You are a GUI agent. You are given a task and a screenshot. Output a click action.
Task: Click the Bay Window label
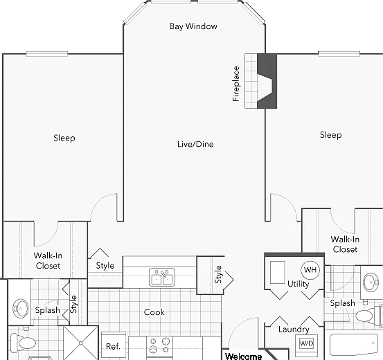pyautogui.click(x=193, y=26)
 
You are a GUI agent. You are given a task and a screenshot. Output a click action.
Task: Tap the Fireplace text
pyautogui.click(x=235, y=84)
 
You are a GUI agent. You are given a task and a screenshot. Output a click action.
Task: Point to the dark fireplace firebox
pyautogui.click(x=267, y=81)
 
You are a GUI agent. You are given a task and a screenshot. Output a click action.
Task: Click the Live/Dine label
pyautogui.click(x=195, y=144)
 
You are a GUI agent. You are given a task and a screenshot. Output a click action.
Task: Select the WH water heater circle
pyautogui.click(x=310, y=270)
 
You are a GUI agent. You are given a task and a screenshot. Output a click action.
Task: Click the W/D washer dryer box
pyautogui.click(x=306, y=343)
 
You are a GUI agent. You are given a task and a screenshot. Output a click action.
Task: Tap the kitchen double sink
pyautogui.click(x=162, y=277)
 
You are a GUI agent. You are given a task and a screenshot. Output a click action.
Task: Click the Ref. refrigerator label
pyautogui.click(x=113, y=346)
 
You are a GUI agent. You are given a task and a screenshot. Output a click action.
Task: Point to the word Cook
pyautogui.click(x=154, y=312)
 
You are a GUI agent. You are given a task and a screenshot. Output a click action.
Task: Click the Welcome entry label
pyautogui.click(x=244, y=357)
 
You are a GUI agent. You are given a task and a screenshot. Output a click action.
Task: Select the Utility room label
pyautogui.click(x=298, y=284)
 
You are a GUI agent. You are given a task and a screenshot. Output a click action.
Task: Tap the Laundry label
pyautogui.click(x=294, y=330)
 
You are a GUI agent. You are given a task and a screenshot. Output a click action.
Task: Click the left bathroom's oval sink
pyautogui.click(x=21, y=309)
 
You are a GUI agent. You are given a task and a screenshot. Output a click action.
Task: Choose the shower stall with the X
pyautogui.click(x=81, y=343)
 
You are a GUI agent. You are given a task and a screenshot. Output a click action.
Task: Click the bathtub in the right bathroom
pyautogui.click(x=354, y=344)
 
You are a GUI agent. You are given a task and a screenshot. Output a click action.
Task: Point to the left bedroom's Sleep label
pyautogui.click(x=64, y=138)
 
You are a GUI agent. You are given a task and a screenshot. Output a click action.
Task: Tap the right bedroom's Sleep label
pyautogui.click(x=331, y=135)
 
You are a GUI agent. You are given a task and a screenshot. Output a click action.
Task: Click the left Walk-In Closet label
pyautogui.click(x=48, y=260)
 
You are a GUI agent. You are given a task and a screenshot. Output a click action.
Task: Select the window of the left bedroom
pyautogui.click(x=47, y=54)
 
